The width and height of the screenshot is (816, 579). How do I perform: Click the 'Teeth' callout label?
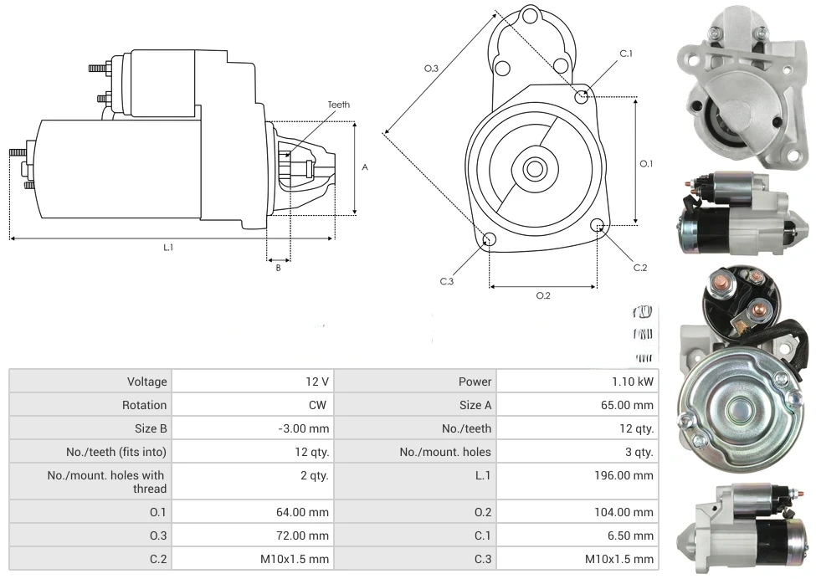339,105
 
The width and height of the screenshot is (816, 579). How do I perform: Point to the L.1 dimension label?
168,247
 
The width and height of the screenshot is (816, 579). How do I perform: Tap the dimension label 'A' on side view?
365,167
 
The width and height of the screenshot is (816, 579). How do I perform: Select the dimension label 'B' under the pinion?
279,268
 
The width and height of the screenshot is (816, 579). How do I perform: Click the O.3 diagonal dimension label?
431,69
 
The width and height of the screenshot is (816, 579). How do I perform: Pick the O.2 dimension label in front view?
543,295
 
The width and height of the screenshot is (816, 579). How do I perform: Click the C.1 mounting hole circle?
582,96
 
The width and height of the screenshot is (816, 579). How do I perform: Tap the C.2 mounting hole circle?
598,226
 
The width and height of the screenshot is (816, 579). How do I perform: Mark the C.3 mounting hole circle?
490,241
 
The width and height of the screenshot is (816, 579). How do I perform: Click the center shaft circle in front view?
534,168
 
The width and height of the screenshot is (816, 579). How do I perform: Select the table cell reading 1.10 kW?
633,382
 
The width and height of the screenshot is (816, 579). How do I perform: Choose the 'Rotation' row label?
144,405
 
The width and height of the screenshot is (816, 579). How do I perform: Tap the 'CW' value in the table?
320,405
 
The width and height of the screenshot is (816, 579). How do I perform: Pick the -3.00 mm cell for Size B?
304,428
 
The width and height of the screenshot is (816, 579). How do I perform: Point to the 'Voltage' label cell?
146,382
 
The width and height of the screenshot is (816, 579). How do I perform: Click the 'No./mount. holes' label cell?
445,452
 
